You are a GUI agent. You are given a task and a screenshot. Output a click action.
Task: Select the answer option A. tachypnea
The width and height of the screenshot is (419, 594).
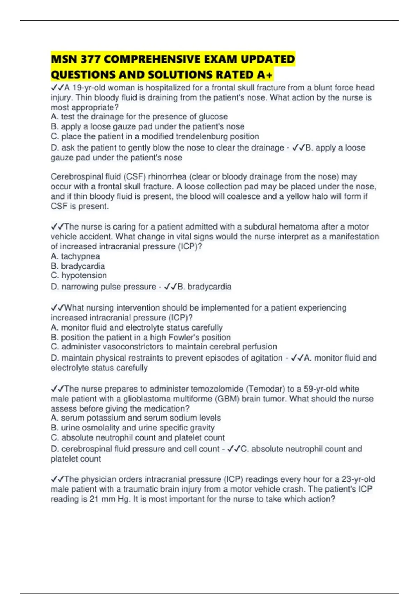click(75, 256)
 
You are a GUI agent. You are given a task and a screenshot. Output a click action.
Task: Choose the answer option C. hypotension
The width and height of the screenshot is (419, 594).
click(79, 275)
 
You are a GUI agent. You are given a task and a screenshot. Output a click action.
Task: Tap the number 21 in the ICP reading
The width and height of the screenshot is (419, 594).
click(94, 499)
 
